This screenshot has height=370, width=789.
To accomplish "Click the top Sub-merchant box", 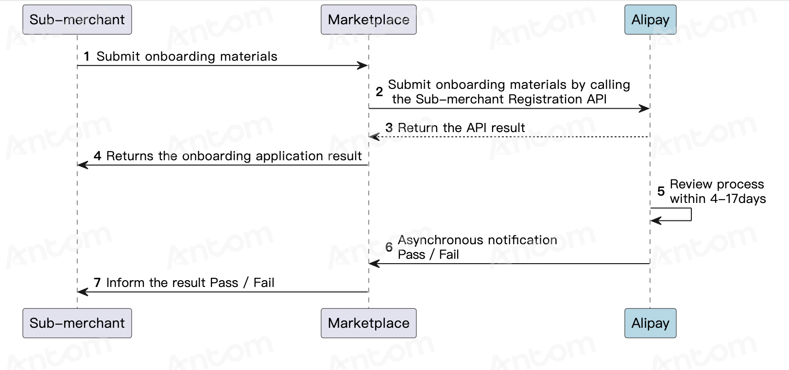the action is coord(77,19).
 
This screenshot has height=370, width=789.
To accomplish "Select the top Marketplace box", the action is coord(368,19).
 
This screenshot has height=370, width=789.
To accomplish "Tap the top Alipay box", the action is coord(650,19).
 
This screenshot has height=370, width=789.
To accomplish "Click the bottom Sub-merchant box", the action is coord(77,323).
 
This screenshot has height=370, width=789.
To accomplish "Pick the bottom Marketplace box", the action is coord(368,323).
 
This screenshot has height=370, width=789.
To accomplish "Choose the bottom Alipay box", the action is coord(650,323).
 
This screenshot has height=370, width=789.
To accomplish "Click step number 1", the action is coord(86,56).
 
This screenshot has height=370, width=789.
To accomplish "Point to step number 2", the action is coord(379,92).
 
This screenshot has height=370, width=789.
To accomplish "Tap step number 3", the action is coord(389,127).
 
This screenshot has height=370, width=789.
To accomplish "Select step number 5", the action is coord(661,191).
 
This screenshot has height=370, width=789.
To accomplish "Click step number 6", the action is coord(389,247).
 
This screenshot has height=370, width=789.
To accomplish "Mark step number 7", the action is coord(97,282).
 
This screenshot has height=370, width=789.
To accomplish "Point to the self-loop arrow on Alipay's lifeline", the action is coord(691,215).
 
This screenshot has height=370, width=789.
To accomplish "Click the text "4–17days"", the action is coord(738,199).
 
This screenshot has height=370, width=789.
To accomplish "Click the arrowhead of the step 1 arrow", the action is coord(362,66).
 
